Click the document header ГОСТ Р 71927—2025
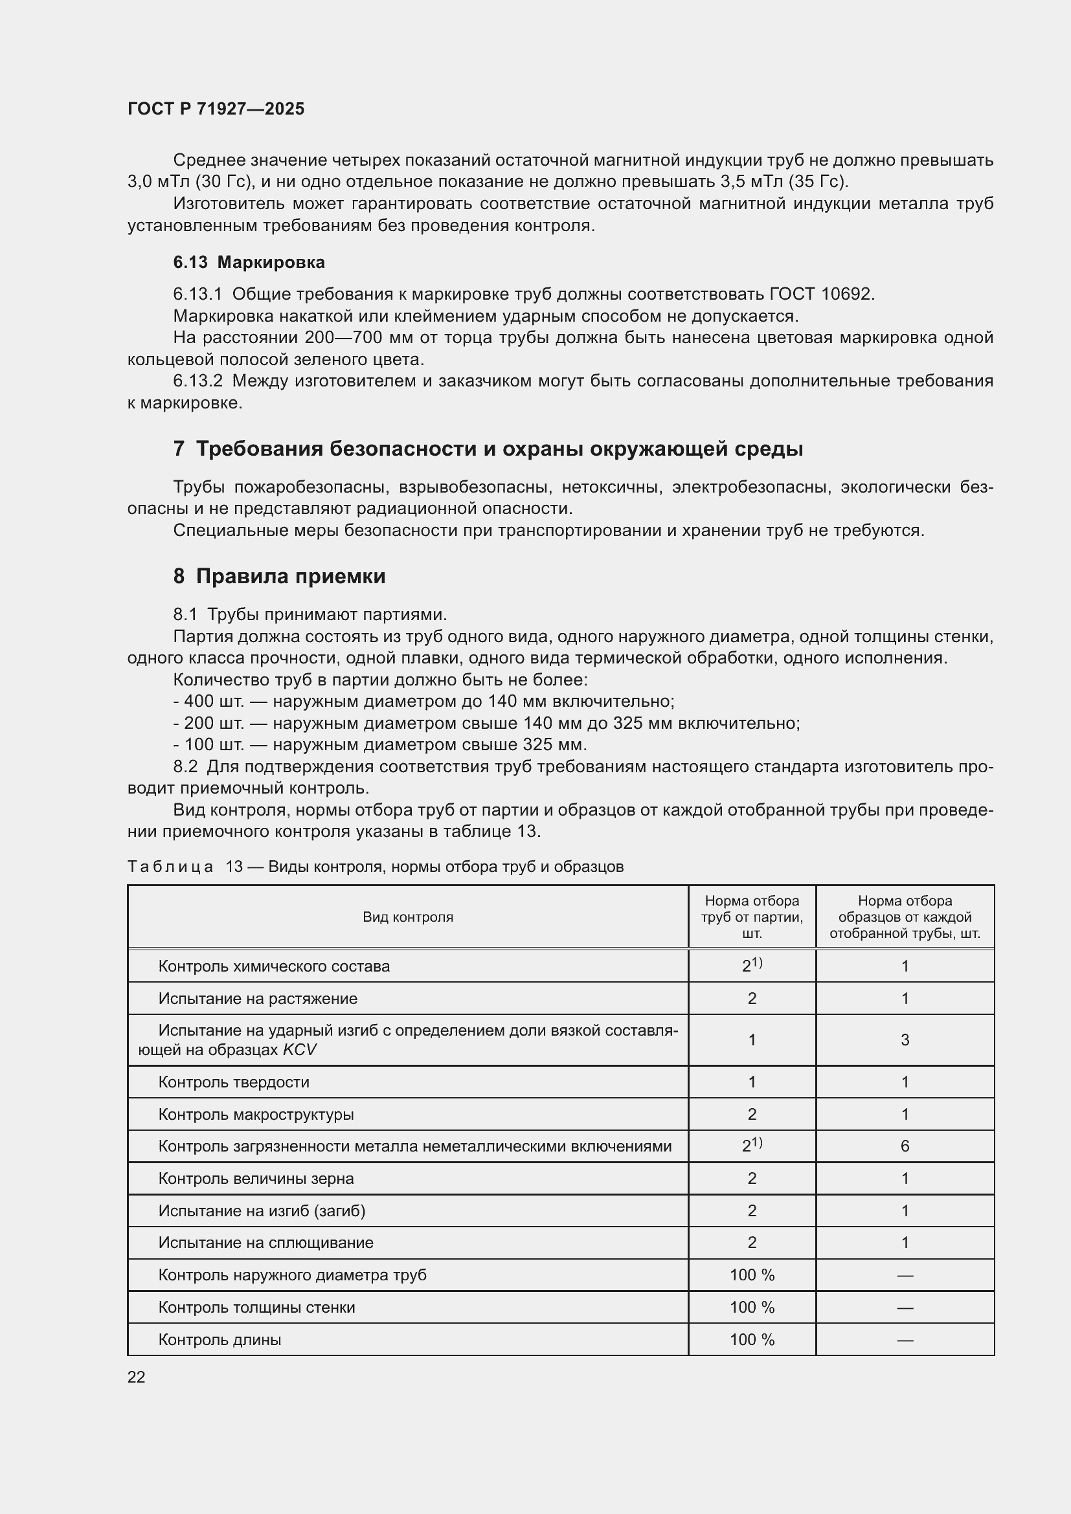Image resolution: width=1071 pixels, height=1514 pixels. click(216, 109)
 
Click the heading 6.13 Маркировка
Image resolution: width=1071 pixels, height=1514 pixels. click(249, 262)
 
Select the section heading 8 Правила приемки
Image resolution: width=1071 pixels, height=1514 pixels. click(279, 576)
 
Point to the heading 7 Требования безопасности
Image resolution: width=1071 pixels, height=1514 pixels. click(488, 449)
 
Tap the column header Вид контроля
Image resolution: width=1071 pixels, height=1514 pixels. click(407, 917)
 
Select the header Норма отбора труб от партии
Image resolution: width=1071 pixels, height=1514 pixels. click(752, 917)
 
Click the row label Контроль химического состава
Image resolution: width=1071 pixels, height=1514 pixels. click(274, 966)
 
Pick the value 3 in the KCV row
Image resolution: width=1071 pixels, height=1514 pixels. click(905, 1040)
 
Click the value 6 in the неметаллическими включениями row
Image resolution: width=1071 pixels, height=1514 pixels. click(905, 1146)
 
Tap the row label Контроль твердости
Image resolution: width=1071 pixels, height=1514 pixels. click(234, 1082)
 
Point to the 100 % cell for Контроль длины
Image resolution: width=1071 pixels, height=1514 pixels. click(752, 1339)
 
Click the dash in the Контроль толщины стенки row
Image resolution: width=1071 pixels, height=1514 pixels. click(905, 1307)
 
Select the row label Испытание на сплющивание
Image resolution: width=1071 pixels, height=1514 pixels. click(265, 1242)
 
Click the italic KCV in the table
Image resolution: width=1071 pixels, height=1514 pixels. click(300, 1050)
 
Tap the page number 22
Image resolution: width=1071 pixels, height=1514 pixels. click(136, 1377)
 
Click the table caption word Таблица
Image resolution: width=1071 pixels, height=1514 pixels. click(170, 867)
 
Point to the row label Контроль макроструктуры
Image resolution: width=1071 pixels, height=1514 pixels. click(256, 1115)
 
